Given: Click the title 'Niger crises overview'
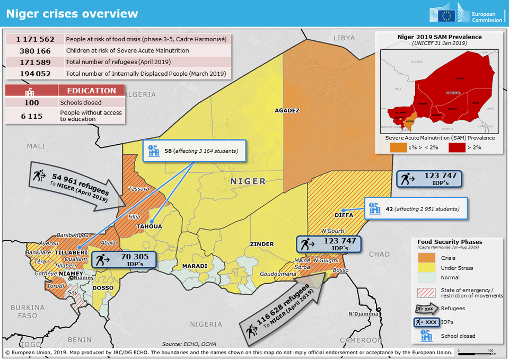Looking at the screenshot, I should point(72,14).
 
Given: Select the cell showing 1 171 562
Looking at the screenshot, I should point(35,39).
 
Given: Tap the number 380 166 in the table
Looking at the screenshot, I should point(35,51).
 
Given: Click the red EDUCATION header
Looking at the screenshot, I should point(91,91).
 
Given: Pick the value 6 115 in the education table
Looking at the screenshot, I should point(32,116).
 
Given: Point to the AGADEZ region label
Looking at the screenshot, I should point(287,111).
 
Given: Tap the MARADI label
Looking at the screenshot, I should point(195,265).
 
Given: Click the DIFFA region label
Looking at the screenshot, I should point(329,215).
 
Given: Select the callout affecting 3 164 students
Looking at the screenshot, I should point(194,151).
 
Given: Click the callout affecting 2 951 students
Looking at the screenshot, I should point(416,209).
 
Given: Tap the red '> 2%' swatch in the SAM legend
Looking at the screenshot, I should point(460,147).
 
